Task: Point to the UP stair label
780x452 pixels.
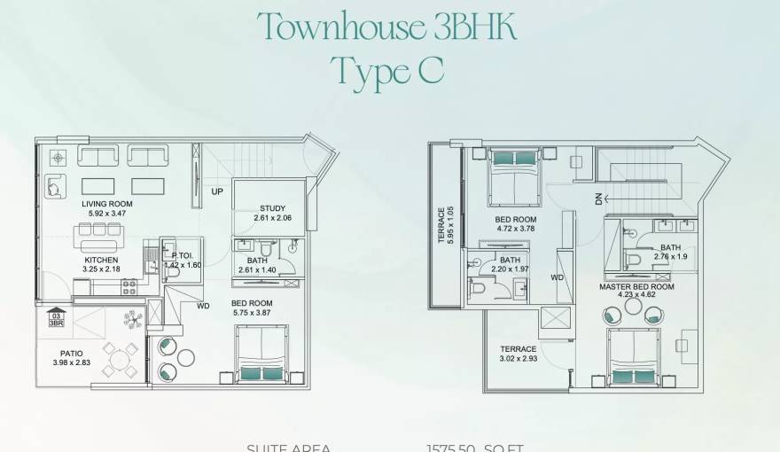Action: point(217,191)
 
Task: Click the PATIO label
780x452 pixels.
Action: point(59,354)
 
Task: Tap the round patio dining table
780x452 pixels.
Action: point(119,360)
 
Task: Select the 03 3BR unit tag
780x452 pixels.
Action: point(56,319)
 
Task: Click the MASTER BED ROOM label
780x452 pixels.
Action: point(637,287)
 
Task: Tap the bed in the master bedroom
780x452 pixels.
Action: point(634,358)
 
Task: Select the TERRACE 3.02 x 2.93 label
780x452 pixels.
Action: point(518,349)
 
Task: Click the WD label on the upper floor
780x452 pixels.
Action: point(557,277)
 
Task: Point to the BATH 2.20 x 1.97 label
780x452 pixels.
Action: point(509,260)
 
